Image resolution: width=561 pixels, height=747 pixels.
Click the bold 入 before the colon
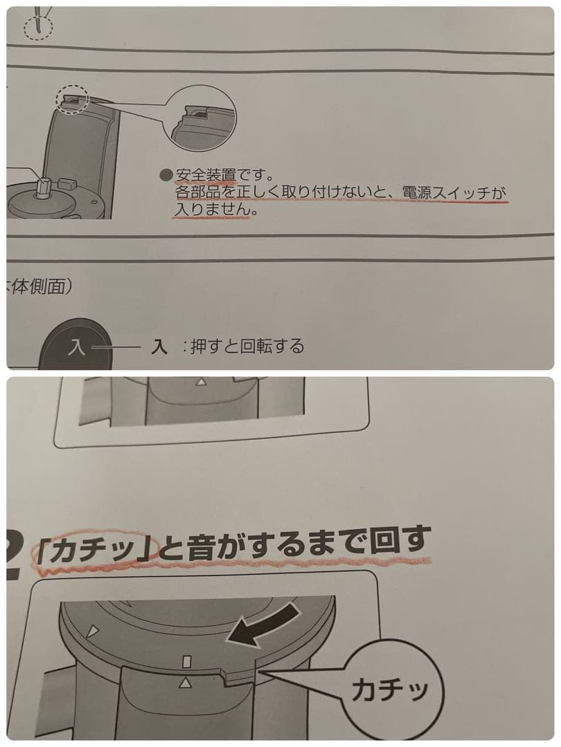[160, 347]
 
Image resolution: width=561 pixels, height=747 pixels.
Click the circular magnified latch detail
[202, 118]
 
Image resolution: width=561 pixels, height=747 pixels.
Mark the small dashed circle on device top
[73, 100]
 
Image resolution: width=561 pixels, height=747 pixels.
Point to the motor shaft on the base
[43, 185]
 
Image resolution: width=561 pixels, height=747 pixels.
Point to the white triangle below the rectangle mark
[185, 683]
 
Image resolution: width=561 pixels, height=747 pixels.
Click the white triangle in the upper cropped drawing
[201, 382]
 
